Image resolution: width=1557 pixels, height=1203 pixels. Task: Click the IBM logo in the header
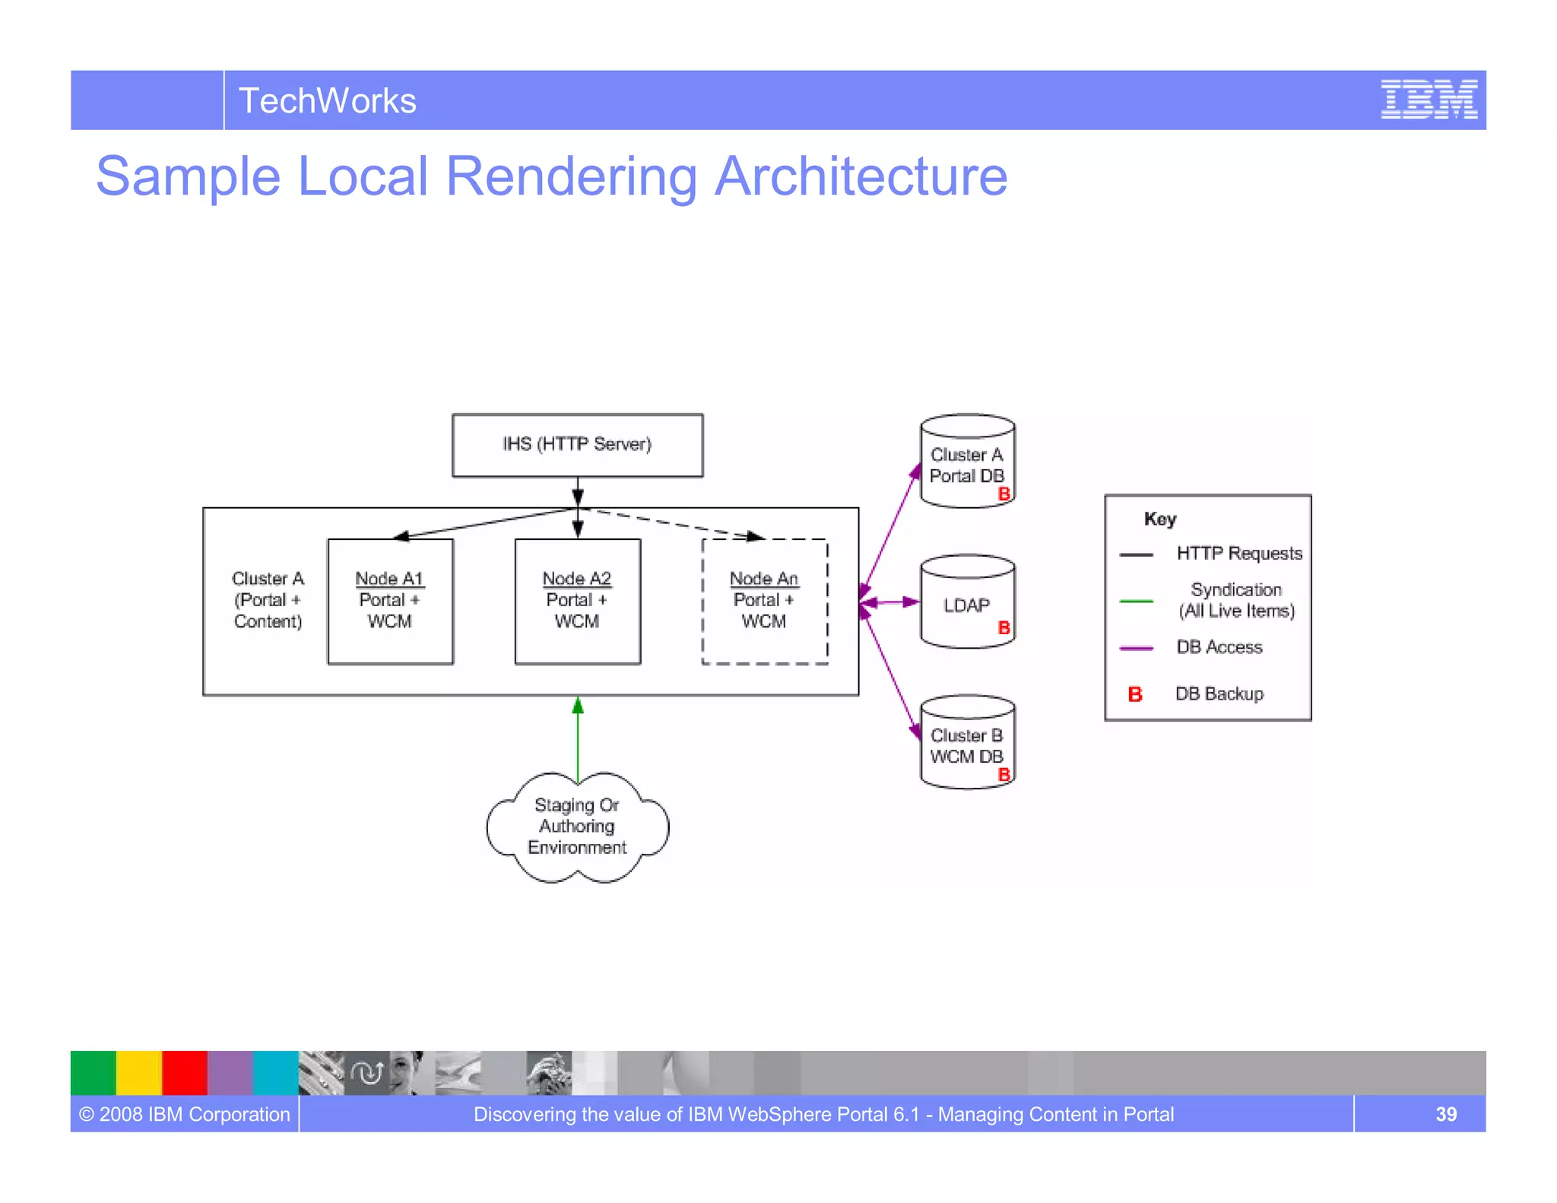(1429, 100)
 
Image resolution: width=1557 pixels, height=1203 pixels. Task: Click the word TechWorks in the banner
(327, 101)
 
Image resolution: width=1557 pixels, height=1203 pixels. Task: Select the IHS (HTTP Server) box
(577, 445)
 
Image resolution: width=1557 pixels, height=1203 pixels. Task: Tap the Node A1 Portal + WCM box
(390, 601)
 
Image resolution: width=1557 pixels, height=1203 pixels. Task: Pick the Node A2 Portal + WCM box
(577, 601)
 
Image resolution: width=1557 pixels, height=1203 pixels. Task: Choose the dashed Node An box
(764, 601)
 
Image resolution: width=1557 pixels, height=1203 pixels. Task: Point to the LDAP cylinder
(967, 604)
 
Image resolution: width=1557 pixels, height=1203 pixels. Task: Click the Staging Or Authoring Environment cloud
(577, 827)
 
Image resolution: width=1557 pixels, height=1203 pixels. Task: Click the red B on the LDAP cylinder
(1004, 628)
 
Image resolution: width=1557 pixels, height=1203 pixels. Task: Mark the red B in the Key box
(1135, 694)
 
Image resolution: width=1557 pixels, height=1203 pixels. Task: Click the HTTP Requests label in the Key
(1239, 554)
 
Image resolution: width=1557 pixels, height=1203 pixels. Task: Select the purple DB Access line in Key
(1137, 648)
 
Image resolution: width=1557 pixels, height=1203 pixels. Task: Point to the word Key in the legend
(1160, 519)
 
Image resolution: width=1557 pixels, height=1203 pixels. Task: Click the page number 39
(1445, 1114)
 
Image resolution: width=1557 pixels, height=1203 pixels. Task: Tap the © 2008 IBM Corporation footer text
(185, 1114)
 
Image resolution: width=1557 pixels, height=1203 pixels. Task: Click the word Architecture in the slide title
(861, 176)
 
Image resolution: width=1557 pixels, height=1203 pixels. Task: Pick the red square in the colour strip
(185, 1072)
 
